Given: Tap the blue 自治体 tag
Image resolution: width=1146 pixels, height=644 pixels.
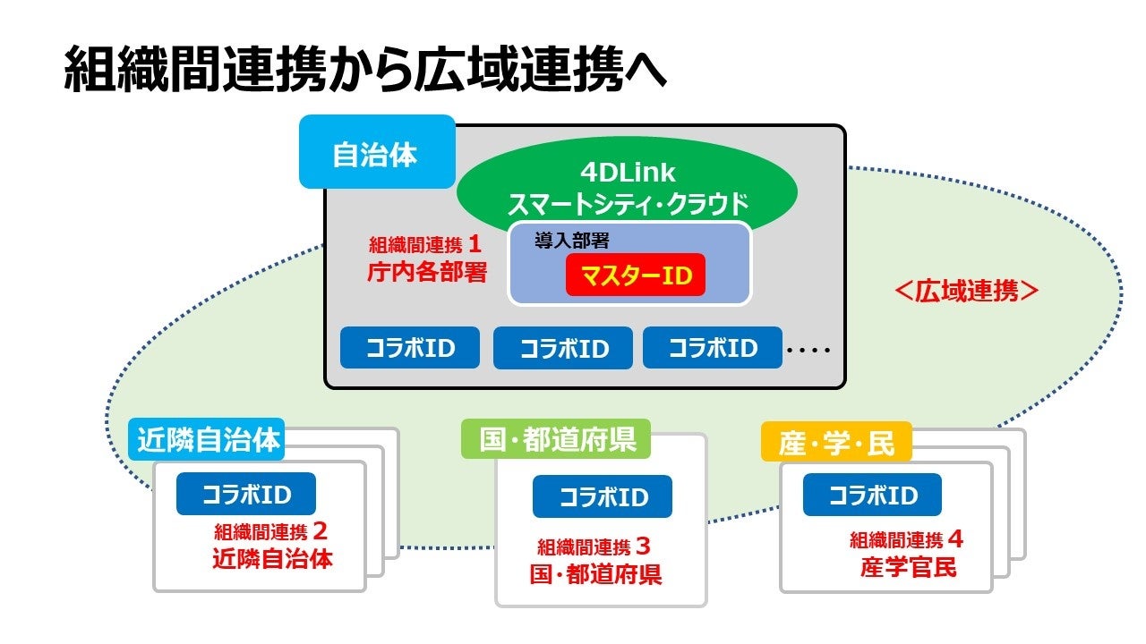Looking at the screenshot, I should (375, 153).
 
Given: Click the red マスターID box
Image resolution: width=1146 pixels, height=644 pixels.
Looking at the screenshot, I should (635, 275).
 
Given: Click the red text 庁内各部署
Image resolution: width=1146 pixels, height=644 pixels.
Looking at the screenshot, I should (427, 272).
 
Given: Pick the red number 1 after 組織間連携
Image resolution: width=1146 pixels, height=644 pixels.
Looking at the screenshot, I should (476, 243).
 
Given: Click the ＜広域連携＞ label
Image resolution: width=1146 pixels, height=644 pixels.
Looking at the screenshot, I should (967, 291).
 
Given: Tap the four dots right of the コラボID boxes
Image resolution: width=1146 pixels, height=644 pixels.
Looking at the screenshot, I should (808, 350).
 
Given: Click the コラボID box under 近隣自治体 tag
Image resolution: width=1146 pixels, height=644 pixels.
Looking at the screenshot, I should (246, 494).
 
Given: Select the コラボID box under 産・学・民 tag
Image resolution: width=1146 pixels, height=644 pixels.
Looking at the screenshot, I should (872, 495).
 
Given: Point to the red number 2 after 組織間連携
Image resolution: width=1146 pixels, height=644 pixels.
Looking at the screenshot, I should (320, 531).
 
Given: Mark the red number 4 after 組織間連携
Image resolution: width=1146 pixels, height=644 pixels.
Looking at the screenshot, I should (955, 539).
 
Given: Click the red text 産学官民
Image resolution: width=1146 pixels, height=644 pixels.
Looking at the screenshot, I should (909, 567).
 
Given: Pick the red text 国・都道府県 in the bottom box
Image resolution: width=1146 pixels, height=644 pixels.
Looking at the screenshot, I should (595, 573).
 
